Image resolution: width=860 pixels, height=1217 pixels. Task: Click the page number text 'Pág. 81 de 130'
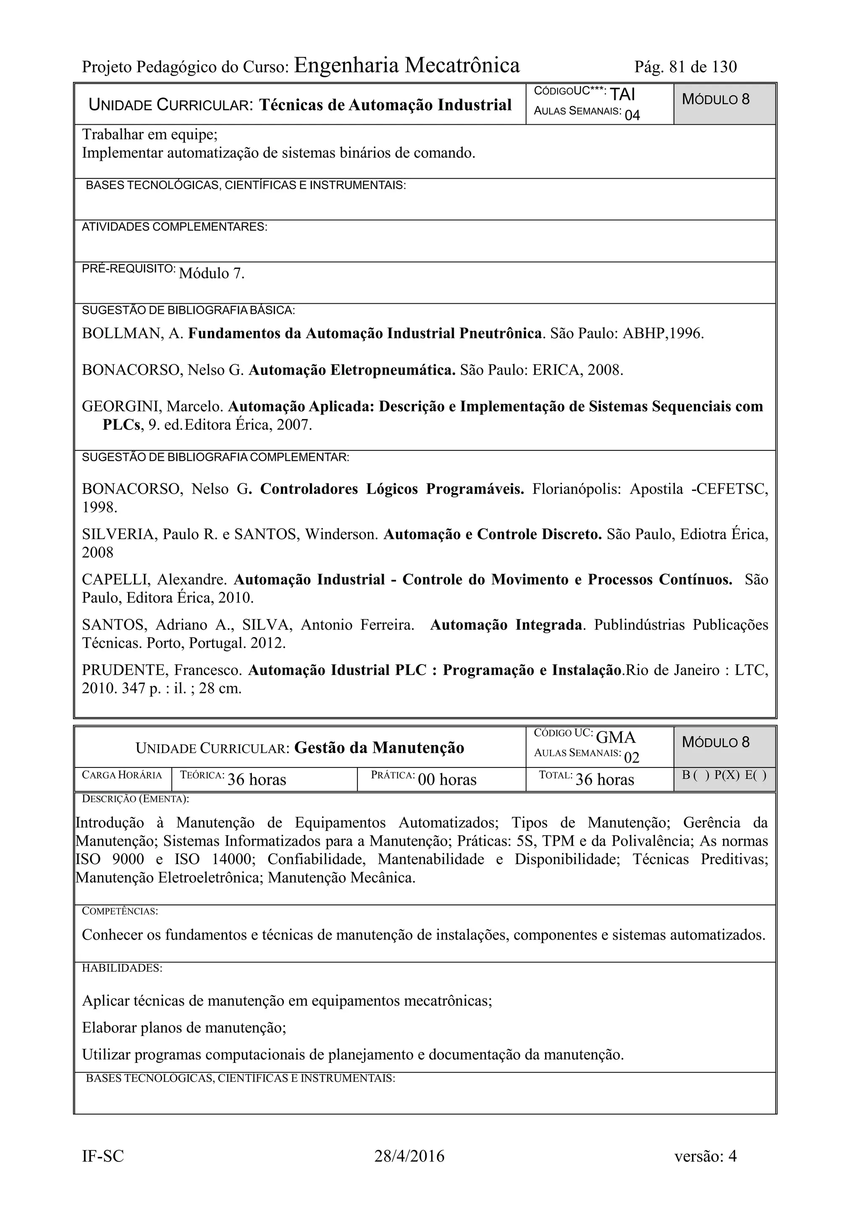[x=685, y=67]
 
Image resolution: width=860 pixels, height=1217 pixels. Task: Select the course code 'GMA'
[x=615, y=737]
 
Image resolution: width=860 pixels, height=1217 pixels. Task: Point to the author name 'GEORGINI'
[x=121, y=407]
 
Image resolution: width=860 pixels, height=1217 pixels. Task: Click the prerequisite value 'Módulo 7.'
[x=212, y=273]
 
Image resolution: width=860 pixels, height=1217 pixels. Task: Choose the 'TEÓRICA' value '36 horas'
[x=257, y=780]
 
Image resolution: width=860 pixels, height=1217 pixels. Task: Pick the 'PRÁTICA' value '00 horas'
[x=447, y=780]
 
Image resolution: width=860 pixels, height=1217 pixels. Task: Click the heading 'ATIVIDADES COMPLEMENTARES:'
[x=174, y=227]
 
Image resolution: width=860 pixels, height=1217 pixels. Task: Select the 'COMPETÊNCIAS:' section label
[x=120, y=912]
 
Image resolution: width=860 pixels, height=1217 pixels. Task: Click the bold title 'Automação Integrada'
[x=506, y=625]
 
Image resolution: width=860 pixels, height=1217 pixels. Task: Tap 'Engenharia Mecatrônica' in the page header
[x=406, y=66]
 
